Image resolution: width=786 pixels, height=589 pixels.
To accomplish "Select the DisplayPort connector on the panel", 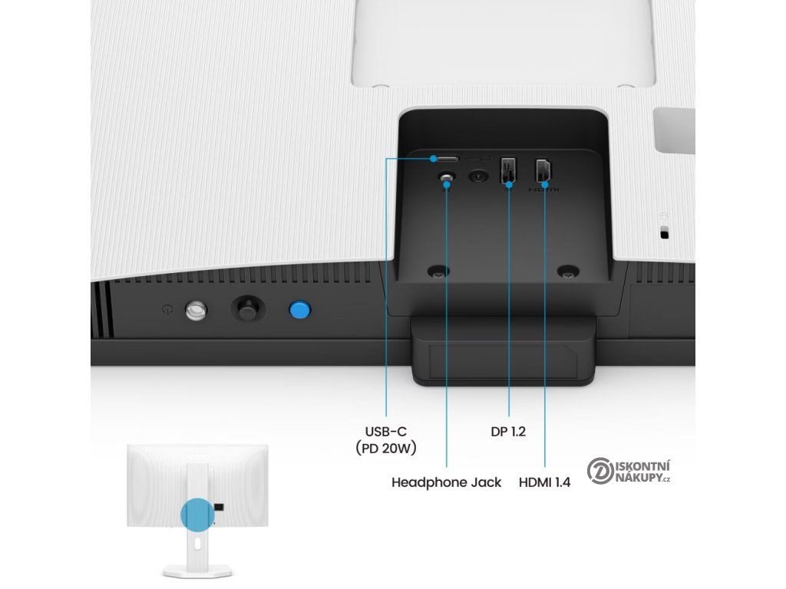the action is [x=508, y=170].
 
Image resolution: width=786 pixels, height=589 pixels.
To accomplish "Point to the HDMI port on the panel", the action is [x=544, y=170].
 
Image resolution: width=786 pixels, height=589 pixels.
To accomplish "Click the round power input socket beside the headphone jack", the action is [x=479, y=176].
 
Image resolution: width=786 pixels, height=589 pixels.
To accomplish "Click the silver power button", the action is [x=196, y=310].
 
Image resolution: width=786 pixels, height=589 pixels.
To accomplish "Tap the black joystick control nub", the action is [x=247, y=309].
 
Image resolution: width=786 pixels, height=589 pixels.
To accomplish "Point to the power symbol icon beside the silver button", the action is [x=168, y=310].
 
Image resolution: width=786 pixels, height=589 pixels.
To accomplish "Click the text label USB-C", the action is [x=386, y=431].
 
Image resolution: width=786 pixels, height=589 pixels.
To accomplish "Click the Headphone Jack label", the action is [x=446, y=482].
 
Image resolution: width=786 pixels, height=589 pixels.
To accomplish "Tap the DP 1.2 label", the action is [x=508, y=431].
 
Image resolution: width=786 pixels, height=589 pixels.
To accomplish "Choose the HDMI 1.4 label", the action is [x=544, y=482].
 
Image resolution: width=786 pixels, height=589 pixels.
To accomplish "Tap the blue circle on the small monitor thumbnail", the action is [x=197, y=515].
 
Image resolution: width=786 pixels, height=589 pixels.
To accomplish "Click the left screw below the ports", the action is [x=438, y=271].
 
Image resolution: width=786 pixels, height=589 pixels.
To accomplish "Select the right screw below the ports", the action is [x=567, y=271].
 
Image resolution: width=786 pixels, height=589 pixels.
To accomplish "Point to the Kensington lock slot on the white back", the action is [x=664, y=233].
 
